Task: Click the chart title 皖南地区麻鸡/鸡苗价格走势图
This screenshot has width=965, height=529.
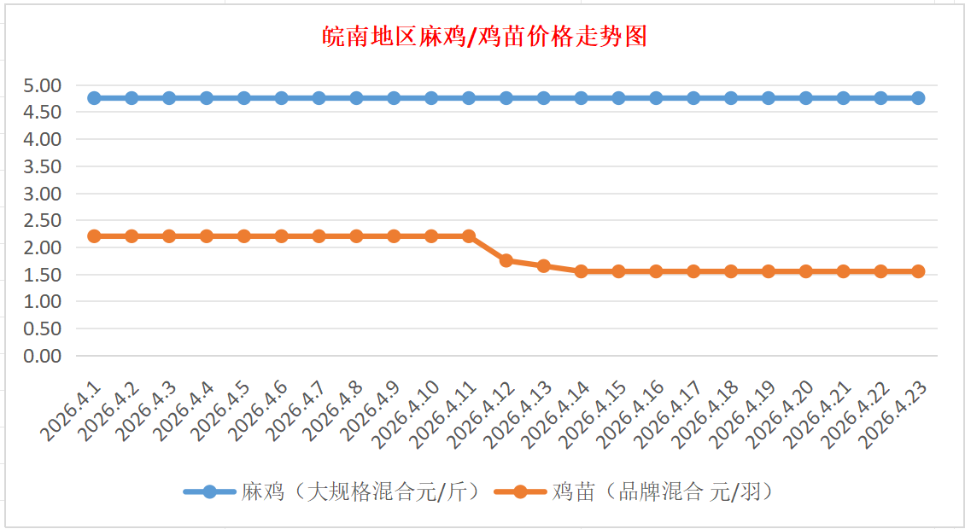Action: point(483,37)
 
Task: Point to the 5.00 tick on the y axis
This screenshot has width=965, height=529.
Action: point(43,85)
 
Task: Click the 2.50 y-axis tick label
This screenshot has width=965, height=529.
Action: point(43,220)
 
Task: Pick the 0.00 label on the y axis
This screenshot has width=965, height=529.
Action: point(43,356)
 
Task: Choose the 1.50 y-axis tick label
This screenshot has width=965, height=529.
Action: point(43,275)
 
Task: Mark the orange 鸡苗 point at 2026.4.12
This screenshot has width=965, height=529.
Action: point(506,260)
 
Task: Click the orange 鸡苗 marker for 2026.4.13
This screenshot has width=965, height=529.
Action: point(544,266)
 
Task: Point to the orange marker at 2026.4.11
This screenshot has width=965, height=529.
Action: point(469,235)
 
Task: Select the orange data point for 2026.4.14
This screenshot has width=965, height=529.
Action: point(582,271)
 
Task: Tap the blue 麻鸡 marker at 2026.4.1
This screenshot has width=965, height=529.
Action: point(94,98)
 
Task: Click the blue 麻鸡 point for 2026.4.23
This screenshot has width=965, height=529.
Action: point(918,98)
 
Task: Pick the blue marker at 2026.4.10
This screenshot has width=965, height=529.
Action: point(431,98)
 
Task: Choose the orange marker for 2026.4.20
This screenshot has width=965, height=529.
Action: point(806,271)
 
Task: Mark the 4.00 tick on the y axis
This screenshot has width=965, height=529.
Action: point(43,139)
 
